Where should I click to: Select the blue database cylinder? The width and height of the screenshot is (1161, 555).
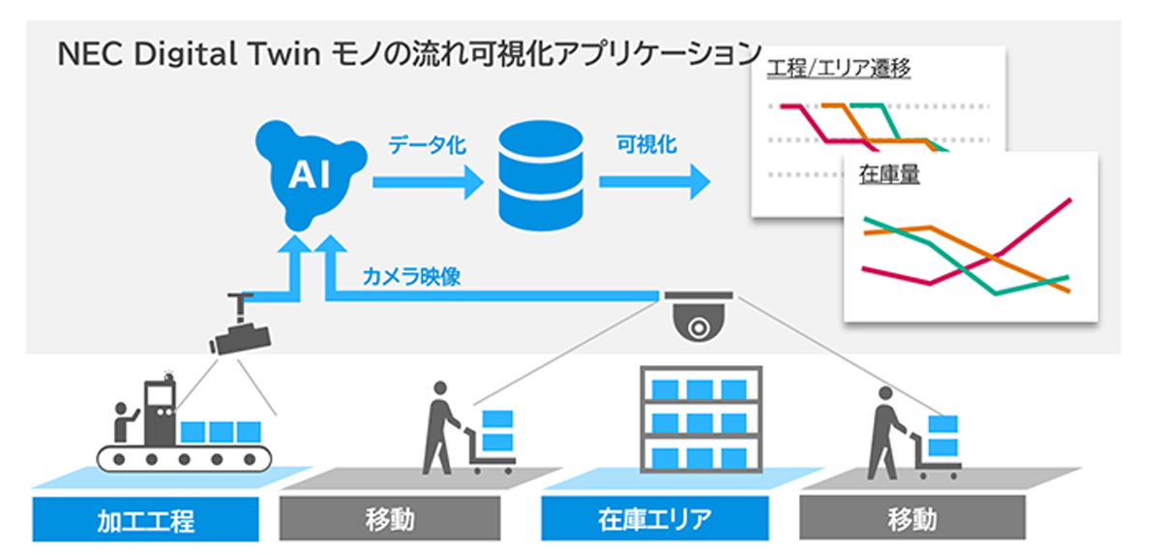pos(541,175)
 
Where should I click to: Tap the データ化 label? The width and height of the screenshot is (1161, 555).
pos(428,144)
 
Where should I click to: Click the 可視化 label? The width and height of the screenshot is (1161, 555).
pos(646,144)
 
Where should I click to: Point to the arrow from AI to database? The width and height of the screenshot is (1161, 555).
pos(428,182)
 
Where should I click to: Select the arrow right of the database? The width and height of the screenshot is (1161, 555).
pos(655,181)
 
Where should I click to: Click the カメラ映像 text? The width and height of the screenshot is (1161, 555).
pos(411,276)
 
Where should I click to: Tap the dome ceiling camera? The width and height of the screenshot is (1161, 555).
pos(699,317)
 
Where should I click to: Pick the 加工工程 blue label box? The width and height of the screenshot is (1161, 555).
pos(146,519)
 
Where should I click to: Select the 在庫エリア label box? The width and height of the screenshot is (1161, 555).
pos(655,518)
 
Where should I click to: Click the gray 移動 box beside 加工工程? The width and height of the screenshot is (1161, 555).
pos(390,518)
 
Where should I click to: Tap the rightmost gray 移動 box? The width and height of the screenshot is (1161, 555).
pos(912,517)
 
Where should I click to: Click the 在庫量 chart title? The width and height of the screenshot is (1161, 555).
pos(889,174)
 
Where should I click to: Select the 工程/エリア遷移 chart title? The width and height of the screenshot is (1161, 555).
pos(839,69)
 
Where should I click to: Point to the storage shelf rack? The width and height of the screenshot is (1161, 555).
pos(701,419)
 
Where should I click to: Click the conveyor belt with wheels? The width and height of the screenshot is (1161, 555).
pos(184,458)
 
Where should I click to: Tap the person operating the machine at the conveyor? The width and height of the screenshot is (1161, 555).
pos(124,422)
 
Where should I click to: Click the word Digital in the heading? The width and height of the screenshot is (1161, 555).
pos(186,54)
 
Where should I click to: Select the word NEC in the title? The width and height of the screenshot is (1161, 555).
pos(90,54)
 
